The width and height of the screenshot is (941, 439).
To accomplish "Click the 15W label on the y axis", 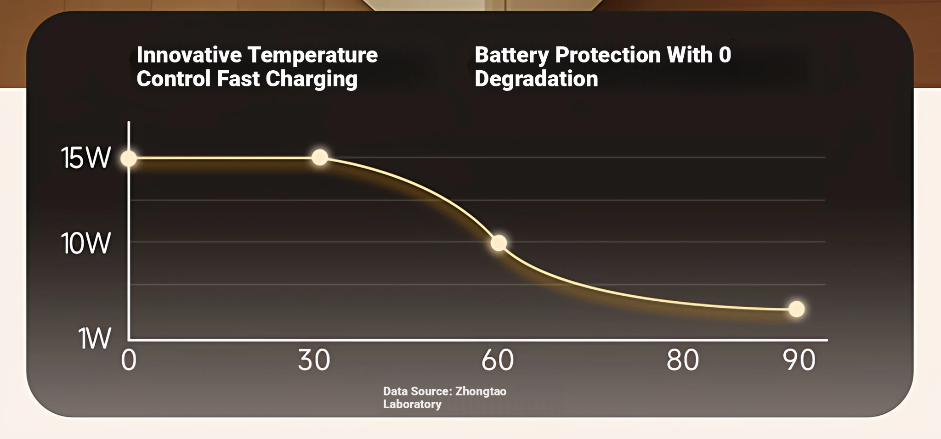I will pos(86,158).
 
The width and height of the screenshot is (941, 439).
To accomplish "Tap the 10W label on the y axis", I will pos(86,243).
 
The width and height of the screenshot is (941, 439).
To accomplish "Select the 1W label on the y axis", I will pos(95,339).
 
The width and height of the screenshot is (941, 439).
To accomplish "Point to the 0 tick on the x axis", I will pos(129,360).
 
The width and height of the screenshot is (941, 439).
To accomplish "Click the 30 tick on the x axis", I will pos(314,360).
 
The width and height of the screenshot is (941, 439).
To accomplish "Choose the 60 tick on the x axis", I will pos(498,360).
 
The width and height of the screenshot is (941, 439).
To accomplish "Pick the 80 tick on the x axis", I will pos(683,360).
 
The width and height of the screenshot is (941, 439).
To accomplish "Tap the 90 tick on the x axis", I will pos(799,360).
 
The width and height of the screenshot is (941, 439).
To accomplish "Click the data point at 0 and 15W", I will pos(129,158).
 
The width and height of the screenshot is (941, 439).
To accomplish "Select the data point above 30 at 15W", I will pos(320,158).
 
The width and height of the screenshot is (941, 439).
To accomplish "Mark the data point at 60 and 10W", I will pos(499,243).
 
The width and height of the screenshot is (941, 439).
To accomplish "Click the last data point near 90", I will pos(796,309).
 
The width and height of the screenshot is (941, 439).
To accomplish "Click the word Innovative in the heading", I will pos(189,55).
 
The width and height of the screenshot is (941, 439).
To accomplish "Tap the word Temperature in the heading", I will pos(313,55).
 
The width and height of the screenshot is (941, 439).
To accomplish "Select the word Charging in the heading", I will pos(312,79).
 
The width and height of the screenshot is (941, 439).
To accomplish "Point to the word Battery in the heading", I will pos(511,55).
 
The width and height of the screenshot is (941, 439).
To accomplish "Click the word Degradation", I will pos(536,79).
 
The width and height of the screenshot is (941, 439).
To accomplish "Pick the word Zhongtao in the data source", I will pos(481,391).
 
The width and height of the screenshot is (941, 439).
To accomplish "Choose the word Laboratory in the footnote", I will pos(412,404).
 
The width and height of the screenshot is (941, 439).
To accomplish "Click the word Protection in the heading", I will pos(608,55).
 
